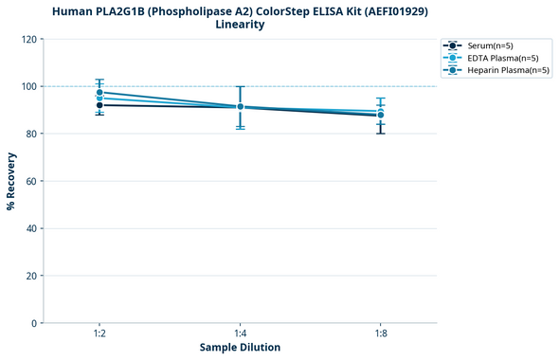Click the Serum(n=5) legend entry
[x=490, y=45]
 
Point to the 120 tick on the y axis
[x=28, y=39]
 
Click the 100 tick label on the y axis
[x=28, y=86]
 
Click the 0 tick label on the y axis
[x=34, y=323]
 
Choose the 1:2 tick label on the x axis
[x=99, y=334]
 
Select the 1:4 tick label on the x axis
[x=240, y=334]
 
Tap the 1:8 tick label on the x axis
[x=380, y=334]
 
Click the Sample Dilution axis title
[x=240, y=348]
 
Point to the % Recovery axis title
[x=11, y=181]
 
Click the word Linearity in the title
[x=240, y=25]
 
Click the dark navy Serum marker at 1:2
[x=99, y=105]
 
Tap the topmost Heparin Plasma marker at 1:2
[x=99, y=93]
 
